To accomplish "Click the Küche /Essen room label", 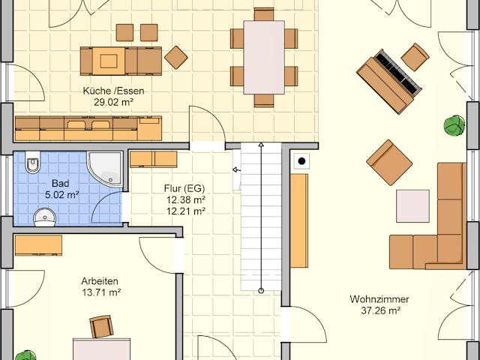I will [114, 91].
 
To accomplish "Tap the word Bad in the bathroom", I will [61, 183].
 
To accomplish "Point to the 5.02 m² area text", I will [61, 194].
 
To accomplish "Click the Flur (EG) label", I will [184, 189].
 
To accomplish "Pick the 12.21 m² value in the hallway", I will [184, 211].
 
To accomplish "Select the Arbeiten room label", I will [100, 280].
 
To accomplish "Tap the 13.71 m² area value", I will [100, 292].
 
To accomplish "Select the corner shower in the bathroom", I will [104, 169].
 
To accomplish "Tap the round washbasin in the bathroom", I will [45, 217].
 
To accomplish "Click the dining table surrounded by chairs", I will [264, 57].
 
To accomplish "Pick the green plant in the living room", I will [454, 125].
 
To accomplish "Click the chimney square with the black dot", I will [301, 160].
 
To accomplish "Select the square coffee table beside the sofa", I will [412, 205].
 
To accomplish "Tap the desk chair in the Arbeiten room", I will [100, 326].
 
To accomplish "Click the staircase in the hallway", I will [261, 217].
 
